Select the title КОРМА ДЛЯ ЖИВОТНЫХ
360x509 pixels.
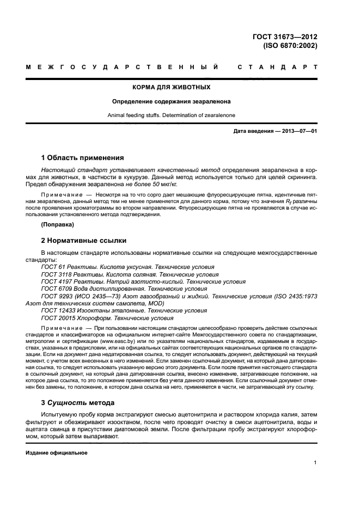coord(172,87)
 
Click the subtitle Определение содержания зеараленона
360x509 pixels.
coord(172,101)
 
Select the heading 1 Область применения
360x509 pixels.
coord(82,158)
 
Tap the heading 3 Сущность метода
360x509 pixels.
coord(78,403)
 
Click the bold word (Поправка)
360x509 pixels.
coord(57,224)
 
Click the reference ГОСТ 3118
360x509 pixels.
coord(53,274)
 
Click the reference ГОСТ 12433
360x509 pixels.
coord(55,310)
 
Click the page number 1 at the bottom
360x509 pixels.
coord(315,463)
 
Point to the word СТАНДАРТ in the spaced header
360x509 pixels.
coord(278,68)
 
